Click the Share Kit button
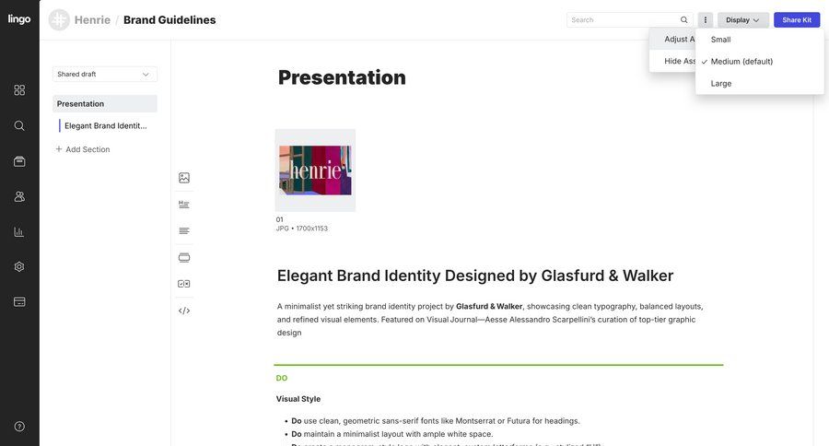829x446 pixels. tap(797, 19)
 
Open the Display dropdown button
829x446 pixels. tap(742, 19)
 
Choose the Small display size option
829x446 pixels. tap(720, 40)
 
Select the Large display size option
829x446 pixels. tap(721, 83)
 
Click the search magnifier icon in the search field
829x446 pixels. tap(684, 19)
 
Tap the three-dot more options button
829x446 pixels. tap(706, 19)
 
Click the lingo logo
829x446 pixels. tap(19, 19)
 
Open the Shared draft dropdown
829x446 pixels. tap(104, 74)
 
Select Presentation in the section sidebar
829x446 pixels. tap(81, 104)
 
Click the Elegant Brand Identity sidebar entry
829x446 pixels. tap(105, 125)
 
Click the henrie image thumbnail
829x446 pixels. tap(315, 170)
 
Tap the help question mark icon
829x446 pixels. tap(19, 427)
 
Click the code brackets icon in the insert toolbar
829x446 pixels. tap(184, 311)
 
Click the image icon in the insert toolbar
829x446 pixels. tap(184, 178)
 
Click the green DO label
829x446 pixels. tap(282, 378)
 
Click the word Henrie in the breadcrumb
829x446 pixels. tap(92, 19)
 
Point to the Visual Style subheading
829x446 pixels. tap(298, 399)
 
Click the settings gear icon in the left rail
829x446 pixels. tap(19, 266)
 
